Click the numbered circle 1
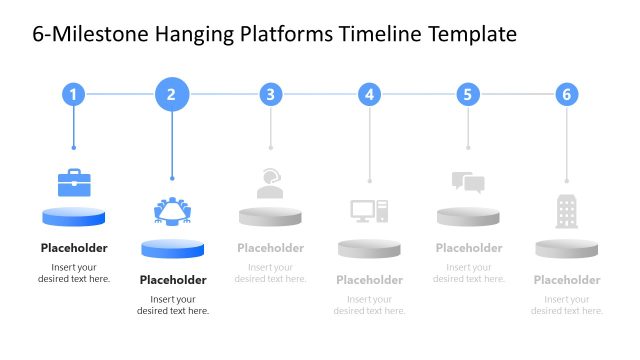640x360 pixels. [73, 95]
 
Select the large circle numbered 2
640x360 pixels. [172, 95]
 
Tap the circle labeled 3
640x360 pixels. [270, 95]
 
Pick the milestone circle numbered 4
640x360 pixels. [370, 95]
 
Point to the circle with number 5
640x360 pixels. [468, 95]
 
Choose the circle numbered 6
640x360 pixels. [567, 95]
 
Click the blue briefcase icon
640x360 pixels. [74, 183]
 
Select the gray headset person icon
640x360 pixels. [270, 183]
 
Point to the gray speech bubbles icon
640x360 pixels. [468, 182]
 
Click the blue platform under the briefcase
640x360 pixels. [74, 217]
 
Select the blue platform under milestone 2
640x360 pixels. [173, 248]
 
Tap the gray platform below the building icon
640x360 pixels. [567, 248]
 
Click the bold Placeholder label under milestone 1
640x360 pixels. [74, 248]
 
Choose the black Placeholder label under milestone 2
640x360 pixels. [173, 280]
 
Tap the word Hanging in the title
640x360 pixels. [195, 36]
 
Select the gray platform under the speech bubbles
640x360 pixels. [468, 217]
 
